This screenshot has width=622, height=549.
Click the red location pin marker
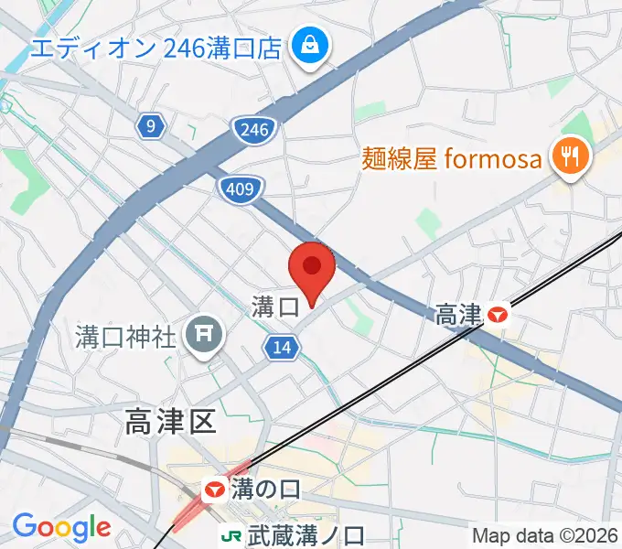click(312, 270)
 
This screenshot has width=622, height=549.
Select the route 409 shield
click(241, 189)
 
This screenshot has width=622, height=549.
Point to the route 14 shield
click(283, 347)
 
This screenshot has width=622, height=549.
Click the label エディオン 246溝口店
click(155, 48)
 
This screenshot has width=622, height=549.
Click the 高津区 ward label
click(170, 422)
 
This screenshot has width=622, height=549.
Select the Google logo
click(61, 527)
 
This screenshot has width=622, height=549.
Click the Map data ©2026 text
click(546, 536)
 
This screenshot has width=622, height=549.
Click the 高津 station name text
click(458, 316)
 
